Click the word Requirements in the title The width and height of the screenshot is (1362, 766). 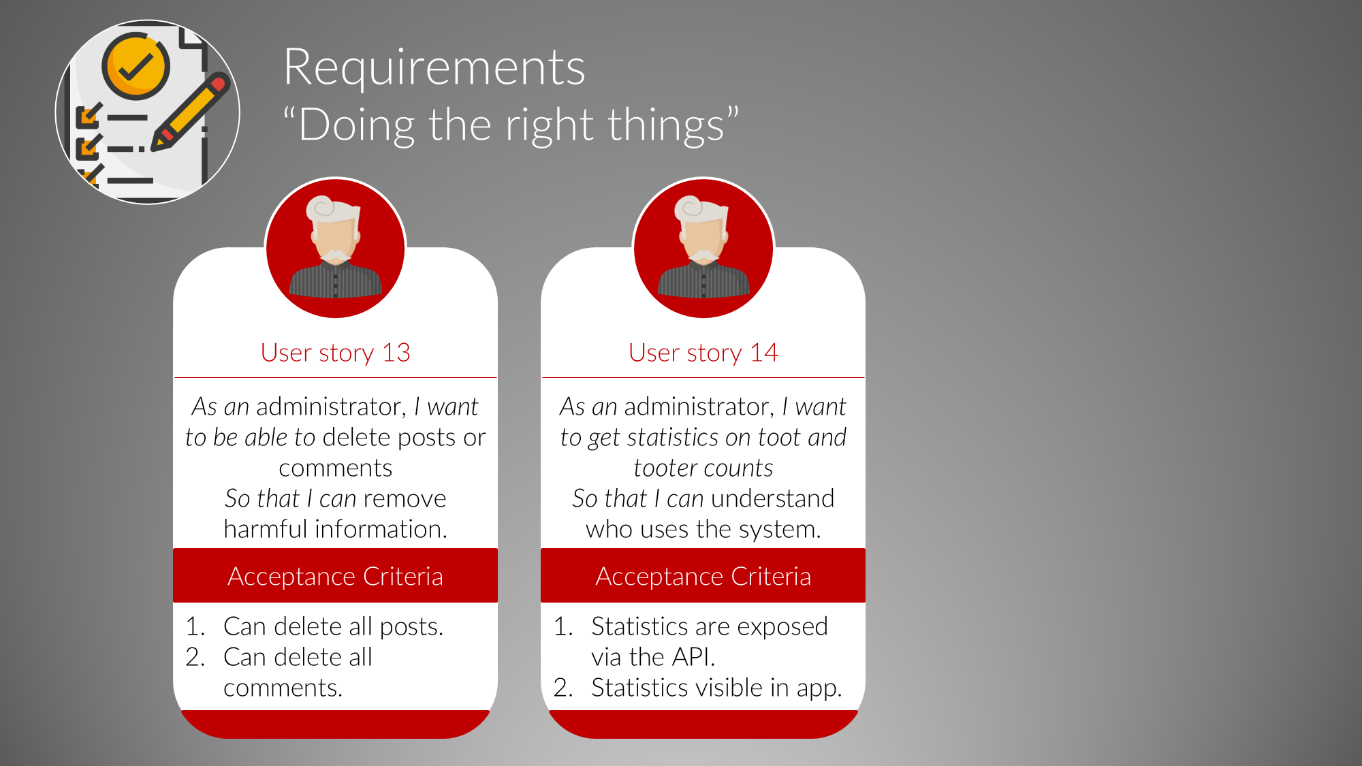pos(434,67)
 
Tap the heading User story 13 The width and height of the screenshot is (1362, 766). pos(335,353)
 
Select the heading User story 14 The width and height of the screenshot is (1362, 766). pos(703,353)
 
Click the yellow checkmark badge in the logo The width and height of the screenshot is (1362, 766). pos(136,66)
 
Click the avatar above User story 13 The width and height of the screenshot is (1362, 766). pos(336,248)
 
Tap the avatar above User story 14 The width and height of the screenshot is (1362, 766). pos(703,248)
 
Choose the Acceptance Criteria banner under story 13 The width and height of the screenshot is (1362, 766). pos(335,575)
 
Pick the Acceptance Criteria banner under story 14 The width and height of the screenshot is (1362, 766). pos(703,575)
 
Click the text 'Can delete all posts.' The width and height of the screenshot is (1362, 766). pos(333,626)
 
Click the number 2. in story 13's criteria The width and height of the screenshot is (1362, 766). pos(195,657)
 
